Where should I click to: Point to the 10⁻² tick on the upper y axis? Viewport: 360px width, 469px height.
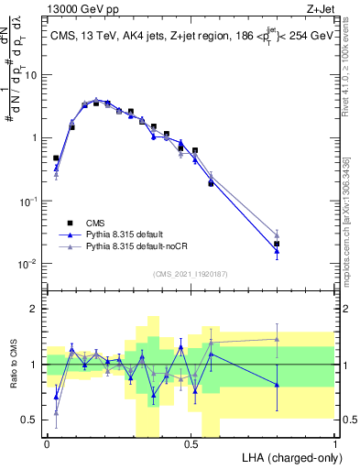coord(30,264)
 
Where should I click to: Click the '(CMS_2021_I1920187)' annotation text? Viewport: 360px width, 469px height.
coord(191,274)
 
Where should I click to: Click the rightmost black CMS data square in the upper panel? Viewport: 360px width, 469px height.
coord(278,244)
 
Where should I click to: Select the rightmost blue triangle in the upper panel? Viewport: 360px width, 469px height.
coord(278,251)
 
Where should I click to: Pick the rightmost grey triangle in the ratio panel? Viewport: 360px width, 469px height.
coord(278,339)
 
